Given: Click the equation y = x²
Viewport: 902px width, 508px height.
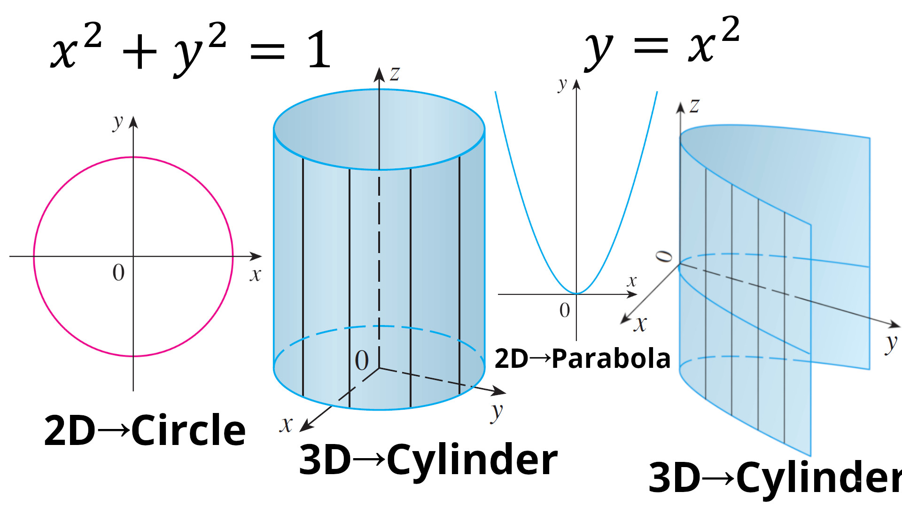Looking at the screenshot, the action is tap(662, 43).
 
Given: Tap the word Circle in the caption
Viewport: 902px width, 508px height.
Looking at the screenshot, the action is tap(188, 430).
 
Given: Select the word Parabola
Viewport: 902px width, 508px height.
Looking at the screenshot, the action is tap(611, 358).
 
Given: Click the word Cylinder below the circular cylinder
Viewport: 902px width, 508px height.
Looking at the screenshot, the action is tap(472, 460).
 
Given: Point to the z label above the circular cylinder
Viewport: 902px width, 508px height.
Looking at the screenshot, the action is tap(395, 73).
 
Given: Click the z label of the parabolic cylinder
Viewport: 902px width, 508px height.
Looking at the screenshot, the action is tap(694, 105).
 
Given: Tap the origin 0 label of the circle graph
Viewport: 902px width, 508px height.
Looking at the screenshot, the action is tap(118, 273).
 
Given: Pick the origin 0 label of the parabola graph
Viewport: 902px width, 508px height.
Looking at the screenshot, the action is tap(565, 310).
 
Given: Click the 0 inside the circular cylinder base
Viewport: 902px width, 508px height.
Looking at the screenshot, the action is tap(362, 361).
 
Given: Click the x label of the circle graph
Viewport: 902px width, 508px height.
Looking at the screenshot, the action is tap(255, 274).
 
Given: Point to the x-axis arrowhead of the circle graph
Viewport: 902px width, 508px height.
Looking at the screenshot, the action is tap(256, 256).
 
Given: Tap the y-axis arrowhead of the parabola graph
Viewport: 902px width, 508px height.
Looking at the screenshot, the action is tap(576, 85).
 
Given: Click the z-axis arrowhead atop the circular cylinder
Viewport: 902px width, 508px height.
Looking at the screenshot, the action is tap(379, 74).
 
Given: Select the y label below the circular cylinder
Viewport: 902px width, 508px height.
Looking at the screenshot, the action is tap(497, 412).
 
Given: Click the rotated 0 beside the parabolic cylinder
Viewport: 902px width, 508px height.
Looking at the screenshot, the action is tap(664, 256).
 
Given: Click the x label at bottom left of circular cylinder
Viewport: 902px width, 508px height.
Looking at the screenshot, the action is tap(286, 425).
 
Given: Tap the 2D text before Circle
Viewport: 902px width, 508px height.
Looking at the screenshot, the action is tap(70, 430).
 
